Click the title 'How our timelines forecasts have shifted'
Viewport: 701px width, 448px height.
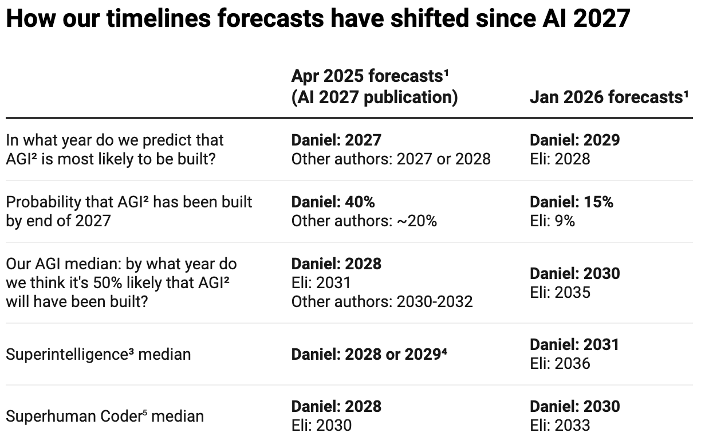click(318, 19)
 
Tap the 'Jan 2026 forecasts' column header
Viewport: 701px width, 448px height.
click(608, 97)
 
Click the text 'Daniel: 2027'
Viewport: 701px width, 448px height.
click(336, 140)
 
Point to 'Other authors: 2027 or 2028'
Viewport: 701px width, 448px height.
click(391, 159)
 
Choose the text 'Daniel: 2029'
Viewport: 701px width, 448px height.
click(574, 140)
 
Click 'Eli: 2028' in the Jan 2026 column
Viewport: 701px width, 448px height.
click(560, 159)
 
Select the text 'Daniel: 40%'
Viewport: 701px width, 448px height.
click(333, 202)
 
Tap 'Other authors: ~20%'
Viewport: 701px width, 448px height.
click(364, 221)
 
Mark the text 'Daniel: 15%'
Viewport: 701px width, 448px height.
click(571, 202)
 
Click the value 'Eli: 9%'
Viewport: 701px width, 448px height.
click(552, 221)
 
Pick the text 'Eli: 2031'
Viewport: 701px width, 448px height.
click(321, 282)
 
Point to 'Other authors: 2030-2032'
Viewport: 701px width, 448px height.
click(382, 301)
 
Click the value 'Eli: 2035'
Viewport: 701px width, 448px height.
click(560, 292)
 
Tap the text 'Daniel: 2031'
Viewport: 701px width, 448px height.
click(574, 344)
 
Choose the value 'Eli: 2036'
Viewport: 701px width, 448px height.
click(560, 363)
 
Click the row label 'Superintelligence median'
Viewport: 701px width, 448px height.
click(98, 354)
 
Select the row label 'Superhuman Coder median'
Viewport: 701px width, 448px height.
click(105, 416)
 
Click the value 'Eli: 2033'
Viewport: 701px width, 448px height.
click(560, 425)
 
